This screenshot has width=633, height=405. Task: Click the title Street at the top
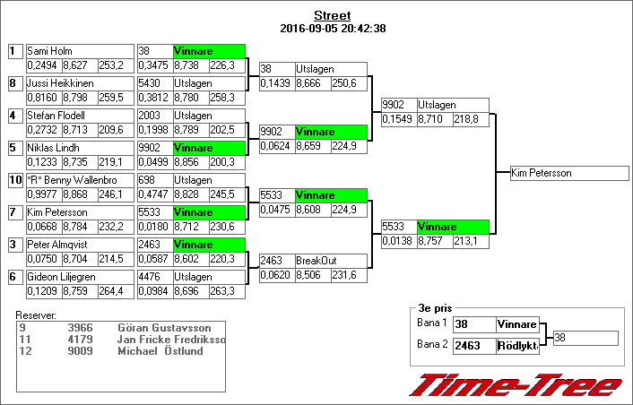point(332,15)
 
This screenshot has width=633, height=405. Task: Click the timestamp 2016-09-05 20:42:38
point(332,28)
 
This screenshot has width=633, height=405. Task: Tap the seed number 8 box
point(13,83)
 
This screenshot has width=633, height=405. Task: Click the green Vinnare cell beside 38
point(208,51)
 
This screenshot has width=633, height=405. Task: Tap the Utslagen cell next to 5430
point(208,83)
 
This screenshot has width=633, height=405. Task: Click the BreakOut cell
point(330,261)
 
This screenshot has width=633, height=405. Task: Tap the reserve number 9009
point(80,350)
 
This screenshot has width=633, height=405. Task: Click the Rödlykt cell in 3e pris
point(517,345)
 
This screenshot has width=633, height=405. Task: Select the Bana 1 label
point(433,323)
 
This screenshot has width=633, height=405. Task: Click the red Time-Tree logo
point(515,384)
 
